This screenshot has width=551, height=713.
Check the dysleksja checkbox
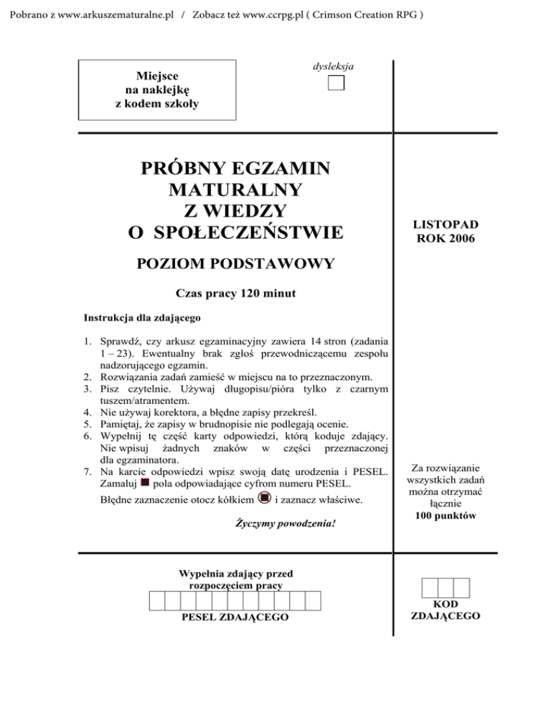[x=335, y=82]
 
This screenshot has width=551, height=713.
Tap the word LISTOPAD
[x=446, y=225]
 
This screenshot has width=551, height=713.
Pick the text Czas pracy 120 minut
[x=236, y=293]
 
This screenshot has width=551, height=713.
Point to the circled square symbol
[x=265, y=497]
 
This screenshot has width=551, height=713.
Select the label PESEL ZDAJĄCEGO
[x=235, y=617]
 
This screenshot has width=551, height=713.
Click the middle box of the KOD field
[x=446, y=588]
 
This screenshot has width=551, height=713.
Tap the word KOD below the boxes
[x=446, y=605]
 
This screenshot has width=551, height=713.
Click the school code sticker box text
[x=157, y=89]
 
